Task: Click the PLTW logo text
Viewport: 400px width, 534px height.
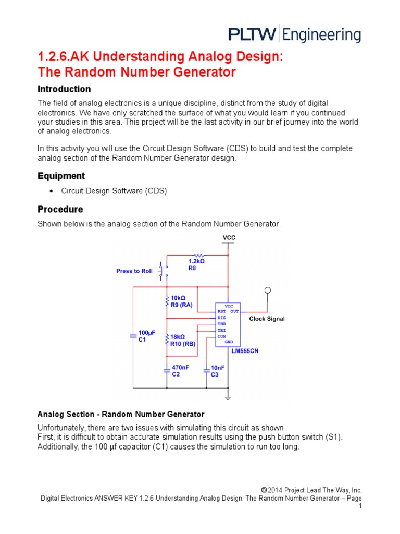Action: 253,34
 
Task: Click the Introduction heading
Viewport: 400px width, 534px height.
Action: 64,89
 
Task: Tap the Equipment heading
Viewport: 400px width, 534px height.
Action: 61,176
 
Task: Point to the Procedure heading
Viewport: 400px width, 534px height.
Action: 60,209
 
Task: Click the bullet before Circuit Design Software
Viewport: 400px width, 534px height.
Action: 51,191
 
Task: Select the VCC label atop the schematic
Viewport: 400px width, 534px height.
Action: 229,238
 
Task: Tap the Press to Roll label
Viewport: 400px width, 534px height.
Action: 134,271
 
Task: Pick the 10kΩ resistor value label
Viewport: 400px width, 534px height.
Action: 178,297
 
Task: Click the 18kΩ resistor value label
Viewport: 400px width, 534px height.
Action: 178,337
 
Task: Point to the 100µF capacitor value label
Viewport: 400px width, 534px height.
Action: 146,332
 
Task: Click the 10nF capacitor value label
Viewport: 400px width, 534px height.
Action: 218,368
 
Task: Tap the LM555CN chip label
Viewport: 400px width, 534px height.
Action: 245,351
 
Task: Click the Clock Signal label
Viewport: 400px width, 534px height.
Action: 267,319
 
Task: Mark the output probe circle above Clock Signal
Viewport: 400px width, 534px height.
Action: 268,290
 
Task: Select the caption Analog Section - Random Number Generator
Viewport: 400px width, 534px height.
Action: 121,415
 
